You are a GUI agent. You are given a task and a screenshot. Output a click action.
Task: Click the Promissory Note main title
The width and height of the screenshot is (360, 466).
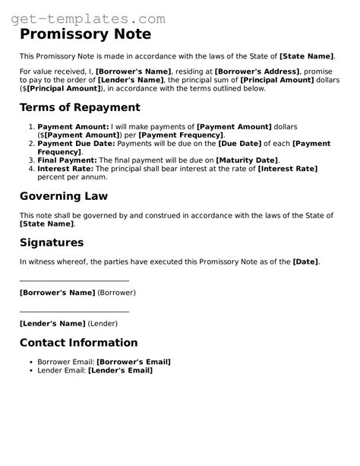point(85,34)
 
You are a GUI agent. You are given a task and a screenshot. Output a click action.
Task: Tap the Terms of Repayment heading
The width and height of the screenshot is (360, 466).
point(80,107)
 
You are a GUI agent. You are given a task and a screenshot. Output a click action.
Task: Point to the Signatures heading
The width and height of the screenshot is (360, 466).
point(52,243)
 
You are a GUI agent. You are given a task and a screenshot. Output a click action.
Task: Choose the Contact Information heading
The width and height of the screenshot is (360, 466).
point(78,343)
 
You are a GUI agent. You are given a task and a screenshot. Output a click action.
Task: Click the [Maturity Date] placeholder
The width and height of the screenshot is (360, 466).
point(248,160)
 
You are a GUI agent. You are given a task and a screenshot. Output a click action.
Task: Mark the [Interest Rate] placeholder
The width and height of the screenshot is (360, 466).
point(288,170)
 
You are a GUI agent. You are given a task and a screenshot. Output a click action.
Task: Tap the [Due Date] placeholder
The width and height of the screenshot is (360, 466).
point(238,143)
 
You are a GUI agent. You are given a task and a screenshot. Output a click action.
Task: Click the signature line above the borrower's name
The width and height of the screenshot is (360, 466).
point(74,281)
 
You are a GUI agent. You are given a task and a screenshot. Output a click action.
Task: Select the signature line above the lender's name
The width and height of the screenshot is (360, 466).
point(74,311)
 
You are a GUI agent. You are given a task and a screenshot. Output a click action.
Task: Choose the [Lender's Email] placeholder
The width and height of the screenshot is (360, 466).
point(120,370)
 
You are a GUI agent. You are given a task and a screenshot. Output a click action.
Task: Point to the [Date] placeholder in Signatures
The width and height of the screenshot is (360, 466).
point(306,262)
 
